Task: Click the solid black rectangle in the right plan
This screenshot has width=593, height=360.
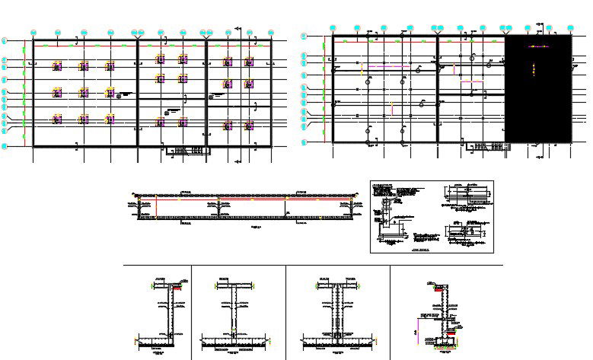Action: (538, 88)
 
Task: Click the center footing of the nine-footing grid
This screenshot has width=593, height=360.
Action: (84, 93)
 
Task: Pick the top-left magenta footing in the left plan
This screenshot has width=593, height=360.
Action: (57, 67)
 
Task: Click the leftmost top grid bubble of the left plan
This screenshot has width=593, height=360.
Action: (33, 31)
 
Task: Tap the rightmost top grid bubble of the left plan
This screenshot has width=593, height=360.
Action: (271, 31)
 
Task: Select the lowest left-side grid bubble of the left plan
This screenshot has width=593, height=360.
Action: (5, 145)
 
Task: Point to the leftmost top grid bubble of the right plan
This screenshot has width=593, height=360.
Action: (333, 27)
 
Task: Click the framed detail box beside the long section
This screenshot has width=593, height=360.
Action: (431, 215)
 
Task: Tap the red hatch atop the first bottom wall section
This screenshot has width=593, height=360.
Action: (177, 288)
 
